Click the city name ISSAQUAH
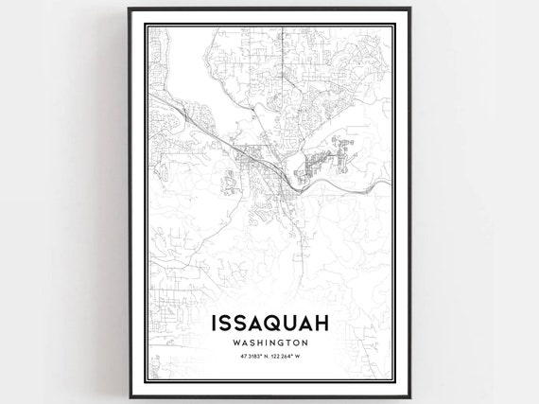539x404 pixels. click(x=269, y=323)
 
